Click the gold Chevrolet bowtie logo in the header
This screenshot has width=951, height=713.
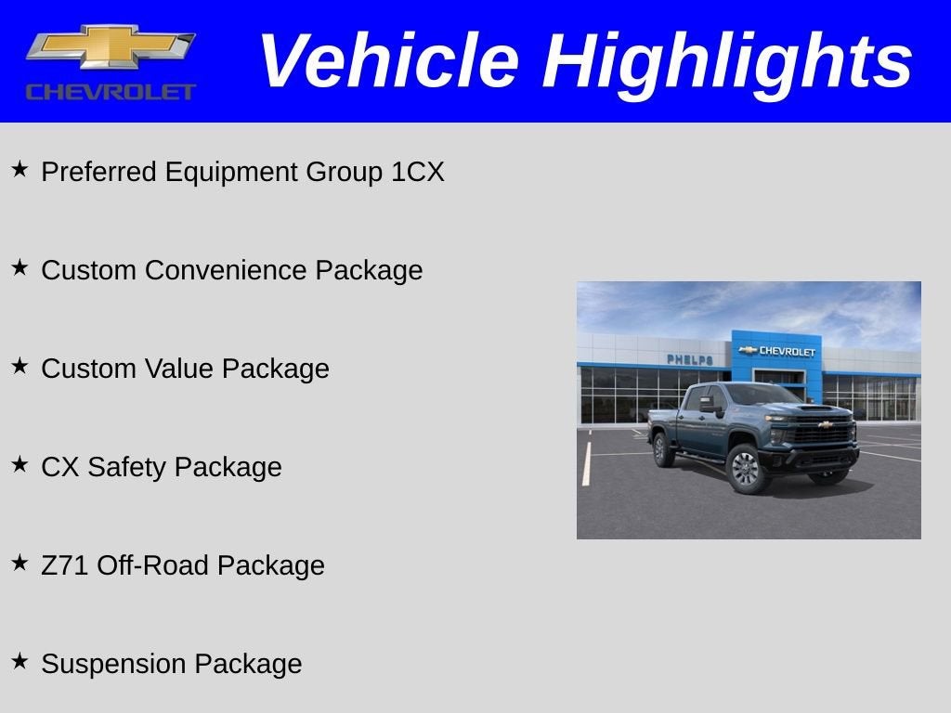111,47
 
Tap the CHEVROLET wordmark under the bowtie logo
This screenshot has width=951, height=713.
111,92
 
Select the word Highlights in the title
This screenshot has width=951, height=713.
727,61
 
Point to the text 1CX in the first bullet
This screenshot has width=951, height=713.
418,173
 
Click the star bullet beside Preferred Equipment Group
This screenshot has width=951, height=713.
20,170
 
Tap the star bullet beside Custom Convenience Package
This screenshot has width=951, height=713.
20,268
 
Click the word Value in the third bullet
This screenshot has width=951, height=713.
179,369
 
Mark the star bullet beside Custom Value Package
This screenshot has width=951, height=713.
20,367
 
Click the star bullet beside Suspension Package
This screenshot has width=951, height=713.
20,662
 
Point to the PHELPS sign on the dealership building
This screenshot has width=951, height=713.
689,359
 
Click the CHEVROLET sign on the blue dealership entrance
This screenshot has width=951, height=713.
777,351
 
